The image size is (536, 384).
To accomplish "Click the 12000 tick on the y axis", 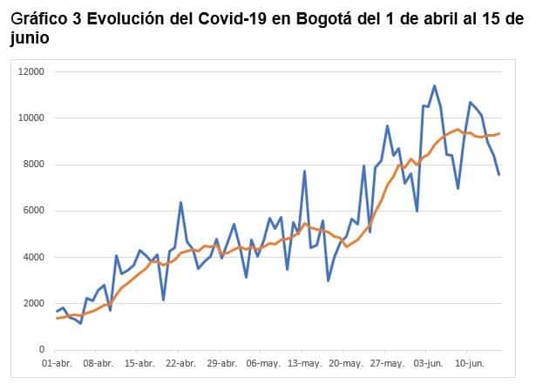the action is pyautogui.click(x=31, y=71).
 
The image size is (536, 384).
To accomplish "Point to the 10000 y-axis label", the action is pyautogui.click(x=31, y=118).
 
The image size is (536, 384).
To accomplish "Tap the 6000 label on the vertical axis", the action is pyautogui.click(x=33, y=210).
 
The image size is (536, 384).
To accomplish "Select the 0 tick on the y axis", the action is pyautogui.click(x=42, y=349).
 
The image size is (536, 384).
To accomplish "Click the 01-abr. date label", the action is pyautogui.click(x=58, y=363).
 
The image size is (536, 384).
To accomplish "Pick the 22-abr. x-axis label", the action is pyautogui.click(x=180, y=363).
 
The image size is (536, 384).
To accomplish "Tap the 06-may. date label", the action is pyautogui.click(x=263, y=363).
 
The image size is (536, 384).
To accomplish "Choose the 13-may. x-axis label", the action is pyautogui.click(x=305, y=363).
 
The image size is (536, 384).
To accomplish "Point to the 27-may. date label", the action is pyautogui.click(x=387, y=363).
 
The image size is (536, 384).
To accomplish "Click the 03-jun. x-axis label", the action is pyautogui.click(x=428, y=363).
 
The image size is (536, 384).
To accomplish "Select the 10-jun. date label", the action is pyautogui.click(x=470, y=363).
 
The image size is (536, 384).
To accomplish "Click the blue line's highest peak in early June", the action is pyautogui.click(x=435, y=85).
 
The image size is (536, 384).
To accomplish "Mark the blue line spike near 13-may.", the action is pyautogui.click(x=304, y=171).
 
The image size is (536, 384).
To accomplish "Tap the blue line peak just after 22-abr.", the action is pyautogui.click(x=180, y=202).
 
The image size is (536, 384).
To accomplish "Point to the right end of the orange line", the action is pyautogui.click(x=499, y=133).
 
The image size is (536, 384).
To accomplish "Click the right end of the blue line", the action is pyautogui.click(x=499, y=175).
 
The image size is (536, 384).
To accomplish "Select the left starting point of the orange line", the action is pyautogui.click(x=57, y=319).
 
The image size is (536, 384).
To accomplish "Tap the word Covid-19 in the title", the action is pyautogui.click(x=233, y=19).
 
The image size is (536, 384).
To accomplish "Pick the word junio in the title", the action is pyautogui.click(x=30, y=38).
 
